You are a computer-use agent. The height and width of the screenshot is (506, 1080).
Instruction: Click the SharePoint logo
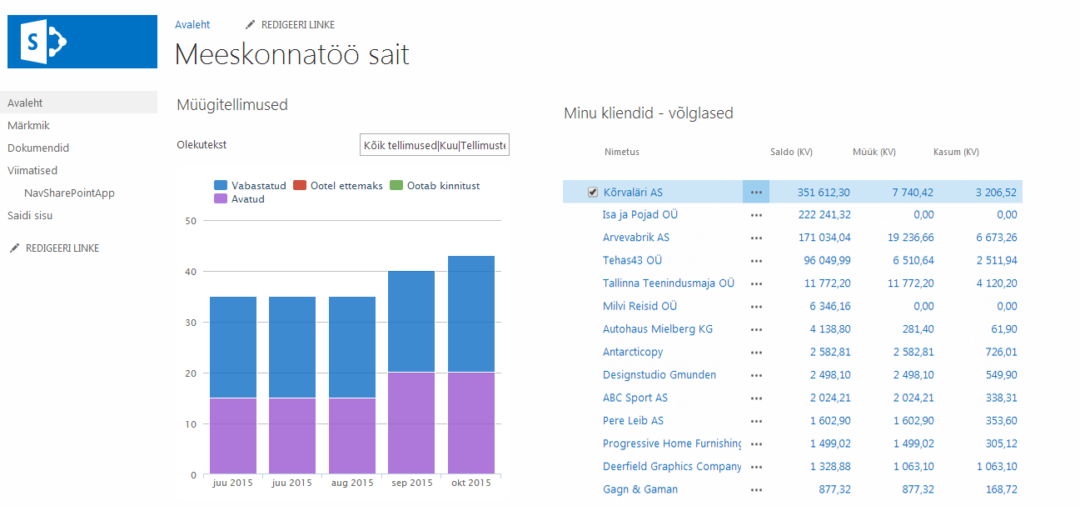[x=82, y=42]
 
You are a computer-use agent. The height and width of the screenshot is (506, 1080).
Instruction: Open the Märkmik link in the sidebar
[x=29, y=126]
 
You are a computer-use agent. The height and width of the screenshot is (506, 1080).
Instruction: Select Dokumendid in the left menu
[x=38, y=148]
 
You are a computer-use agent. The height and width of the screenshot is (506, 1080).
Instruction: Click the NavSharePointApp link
[x=69, y=193]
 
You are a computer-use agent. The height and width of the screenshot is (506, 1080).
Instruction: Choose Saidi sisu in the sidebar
[x=31, y=216]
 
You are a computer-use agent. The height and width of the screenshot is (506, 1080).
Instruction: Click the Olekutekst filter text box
[x=434, y=145]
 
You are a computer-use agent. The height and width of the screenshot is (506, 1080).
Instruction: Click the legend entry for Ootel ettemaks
[x=339, y=186]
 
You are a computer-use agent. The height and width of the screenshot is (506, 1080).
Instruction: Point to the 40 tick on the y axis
[x=191, y=272]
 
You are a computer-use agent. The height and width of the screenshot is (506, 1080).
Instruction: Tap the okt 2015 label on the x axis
[x=470, y=483]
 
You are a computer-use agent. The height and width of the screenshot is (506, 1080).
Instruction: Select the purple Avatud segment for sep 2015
[x=411, y=423]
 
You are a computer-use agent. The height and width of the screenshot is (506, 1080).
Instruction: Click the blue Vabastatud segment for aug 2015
[x=351, y=347]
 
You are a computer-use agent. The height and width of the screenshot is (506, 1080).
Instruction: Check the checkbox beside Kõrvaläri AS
[x=593, y=193]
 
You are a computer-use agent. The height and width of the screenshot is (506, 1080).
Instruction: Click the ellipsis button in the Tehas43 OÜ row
[x=756, y=261]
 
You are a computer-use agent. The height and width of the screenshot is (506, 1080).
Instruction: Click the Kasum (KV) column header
[x=956, y=153]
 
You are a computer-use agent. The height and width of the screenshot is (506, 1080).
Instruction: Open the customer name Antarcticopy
[x=633, y=353]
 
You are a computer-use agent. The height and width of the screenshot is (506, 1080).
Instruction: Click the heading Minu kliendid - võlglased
[x=648, y=113]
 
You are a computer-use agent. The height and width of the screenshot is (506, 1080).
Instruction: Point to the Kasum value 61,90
[x=1003, y=329]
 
